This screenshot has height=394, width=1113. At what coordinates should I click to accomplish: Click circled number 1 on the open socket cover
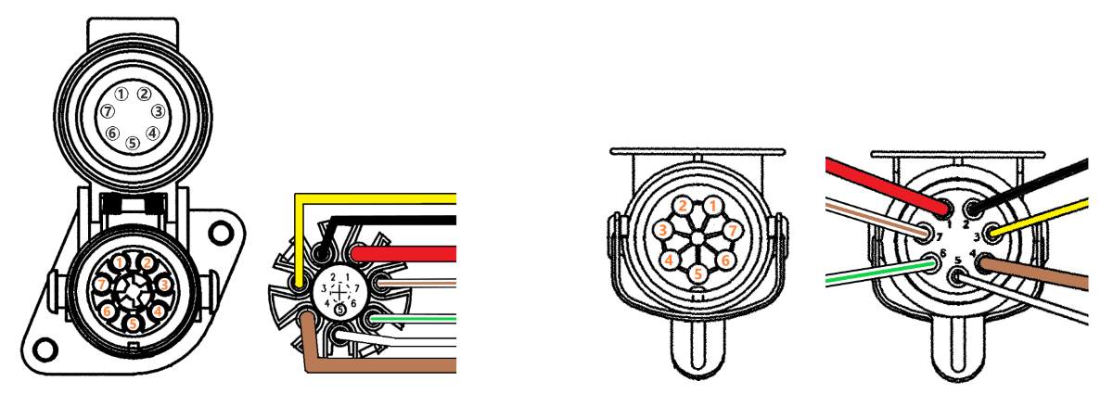point(122,94)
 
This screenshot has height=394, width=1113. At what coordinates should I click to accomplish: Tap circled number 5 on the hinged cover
point(132,143)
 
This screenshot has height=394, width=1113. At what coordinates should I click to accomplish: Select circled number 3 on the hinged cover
point(158,111)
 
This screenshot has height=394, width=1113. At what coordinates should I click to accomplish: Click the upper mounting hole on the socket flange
point(221,233)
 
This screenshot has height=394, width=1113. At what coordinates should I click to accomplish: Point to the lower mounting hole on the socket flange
point(45,349)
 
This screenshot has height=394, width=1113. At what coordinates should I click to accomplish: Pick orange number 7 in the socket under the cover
point(102,285)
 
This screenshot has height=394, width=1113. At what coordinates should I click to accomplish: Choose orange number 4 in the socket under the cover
point(158,311)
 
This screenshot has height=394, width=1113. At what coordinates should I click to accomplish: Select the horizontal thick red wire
point(404,254)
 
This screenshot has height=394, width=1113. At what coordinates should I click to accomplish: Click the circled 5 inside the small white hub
point(339,310)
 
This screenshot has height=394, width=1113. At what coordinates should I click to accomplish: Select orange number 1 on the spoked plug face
point(713,206)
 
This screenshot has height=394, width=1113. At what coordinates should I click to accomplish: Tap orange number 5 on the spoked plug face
point(698,273)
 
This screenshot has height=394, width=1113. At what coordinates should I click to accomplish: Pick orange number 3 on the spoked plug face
point(662,230)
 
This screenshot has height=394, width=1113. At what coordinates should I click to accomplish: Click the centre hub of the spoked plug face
point(697,238)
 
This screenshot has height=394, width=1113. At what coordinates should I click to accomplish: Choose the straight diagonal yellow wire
point(1039,217)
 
